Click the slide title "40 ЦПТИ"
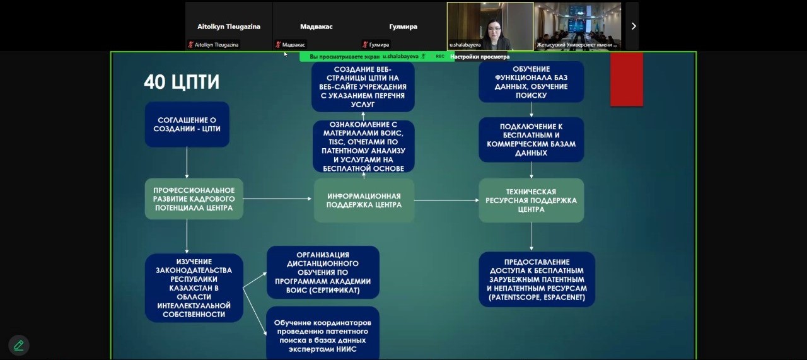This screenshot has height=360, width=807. pos(182,83)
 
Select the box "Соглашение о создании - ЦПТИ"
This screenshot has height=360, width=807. pos(187,124)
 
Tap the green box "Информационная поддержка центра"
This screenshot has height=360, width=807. pos(364,200)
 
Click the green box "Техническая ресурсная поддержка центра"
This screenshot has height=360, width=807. pos(531,200)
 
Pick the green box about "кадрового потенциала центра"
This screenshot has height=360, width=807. pos(194,199)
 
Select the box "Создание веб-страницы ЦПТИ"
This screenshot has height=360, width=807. pos(363,86)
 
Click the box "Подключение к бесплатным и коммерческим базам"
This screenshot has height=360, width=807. pos(531,139)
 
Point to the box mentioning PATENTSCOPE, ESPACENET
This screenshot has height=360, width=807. pos(537,279)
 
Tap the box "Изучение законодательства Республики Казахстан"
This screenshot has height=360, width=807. pos(194,287)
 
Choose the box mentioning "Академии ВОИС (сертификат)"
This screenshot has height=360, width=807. pos(323,272)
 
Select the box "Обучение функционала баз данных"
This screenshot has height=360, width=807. pos(531,82)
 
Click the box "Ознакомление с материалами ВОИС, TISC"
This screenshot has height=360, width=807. pos(363,146)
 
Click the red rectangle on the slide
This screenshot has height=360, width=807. pos(626,79)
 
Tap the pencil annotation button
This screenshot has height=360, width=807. pos(19,345)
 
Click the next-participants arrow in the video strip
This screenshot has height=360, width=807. pos(634,26)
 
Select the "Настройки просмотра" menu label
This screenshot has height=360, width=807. pos(480,57)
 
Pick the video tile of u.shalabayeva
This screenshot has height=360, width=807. pos(490,26)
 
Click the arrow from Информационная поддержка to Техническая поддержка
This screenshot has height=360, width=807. pos(446,200)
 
